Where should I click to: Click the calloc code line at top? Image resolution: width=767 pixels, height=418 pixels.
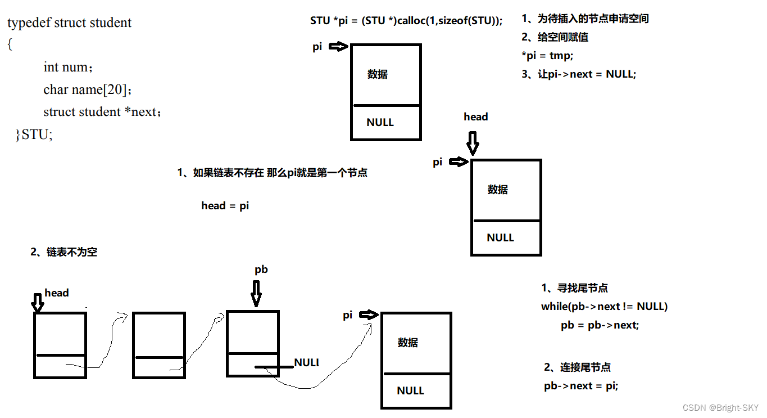click(x=406, y=21)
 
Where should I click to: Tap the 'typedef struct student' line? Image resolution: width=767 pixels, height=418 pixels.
click(x=69, y=23)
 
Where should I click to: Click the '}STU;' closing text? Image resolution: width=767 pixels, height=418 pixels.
click(x=34, y=134)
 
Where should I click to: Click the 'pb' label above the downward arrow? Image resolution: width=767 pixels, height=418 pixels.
click(x=261, y=269)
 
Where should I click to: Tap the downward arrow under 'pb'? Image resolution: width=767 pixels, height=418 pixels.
click(x=256, y=293)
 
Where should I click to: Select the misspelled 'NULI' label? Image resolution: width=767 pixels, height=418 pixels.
click(x=306, y=362)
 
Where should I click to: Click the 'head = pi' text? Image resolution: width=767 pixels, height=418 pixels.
click(x=225, y=205)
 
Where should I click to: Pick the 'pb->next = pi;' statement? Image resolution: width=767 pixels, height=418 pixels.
click(x=581, y=386)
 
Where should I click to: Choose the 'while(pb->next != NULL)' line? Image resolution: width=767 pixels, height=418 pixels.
click(x=604, y=306)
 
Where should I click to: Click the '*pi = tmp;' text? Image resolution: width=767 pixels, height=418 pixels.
click(x=547, y=55)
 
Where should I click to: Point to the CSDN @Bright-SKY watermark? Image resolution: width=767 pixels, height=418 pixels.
click(x=720, y=407)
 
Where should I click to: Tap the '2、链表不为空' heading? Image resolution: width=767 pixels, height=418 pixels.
click(x=63, y=252)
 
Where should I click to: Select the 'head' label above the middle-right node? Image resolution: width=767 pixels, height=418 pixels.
click(x=475, y=117)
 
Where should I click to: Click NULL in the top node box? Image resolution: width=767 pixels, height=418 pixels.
click(x=380, y=122)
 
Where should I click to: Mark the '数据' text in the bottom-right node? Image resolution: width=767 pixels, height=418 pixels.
click(x=408, y=342)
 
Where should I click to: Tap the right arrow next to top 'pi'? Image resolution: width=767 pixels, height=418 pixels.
click(x=338, y=47)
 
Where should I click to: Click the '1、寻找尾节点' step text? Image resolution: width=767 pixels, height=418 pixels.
click(x=574, y=288)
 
